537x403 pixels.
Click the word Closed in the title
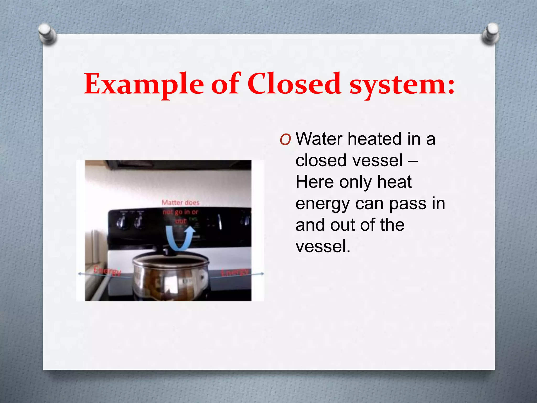(294, 84)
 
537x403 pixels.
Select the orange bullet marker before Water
(285, 140)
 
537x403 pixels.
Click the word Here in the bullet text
(314, 182)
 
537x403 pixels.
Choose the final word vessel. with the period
(323, 247)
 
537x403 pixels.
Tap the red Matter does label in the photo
(180, 203)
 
